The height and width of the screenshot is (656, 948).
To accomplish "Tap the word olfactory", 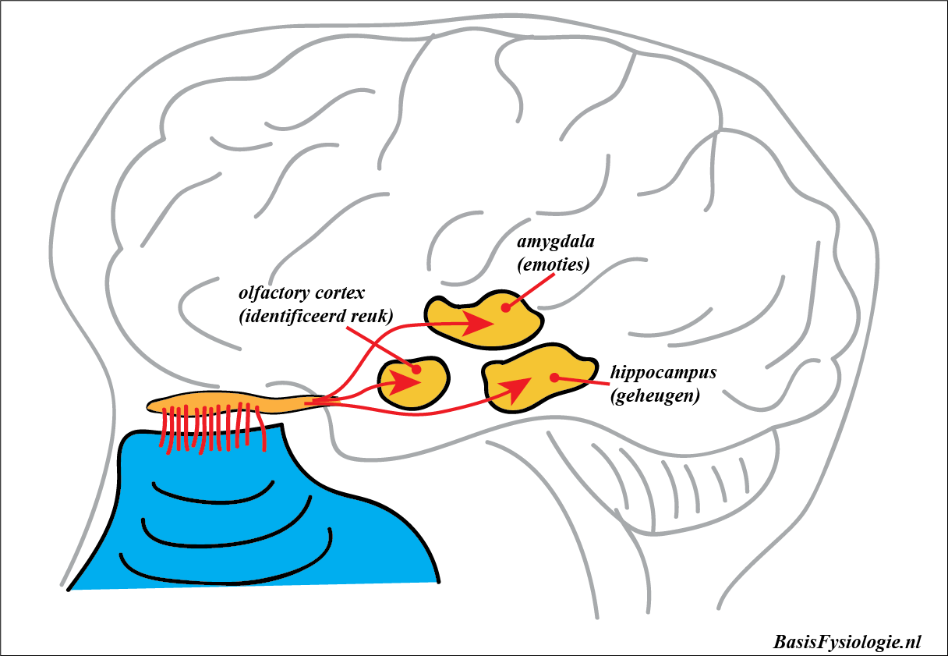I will (272, 294).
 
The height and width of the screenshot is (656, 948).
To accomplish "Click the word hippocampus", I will (663, 373).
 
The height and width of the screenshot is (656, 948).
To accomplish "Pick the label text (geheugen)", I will (655, 395).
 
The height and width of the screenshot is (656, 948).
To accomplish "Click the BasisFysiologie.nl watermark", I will (847, 642).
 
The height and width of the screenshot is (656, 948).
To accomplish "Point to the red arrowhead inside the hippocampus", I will (518, 388).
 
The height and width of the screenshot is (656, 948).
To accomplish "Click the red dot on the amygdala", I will (505, 307).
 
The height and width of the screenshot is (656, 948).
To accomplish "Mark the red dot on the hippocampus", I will (554, 378).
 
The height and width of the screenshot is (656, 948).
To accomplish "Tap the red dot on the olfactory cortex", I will (416, 369).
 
